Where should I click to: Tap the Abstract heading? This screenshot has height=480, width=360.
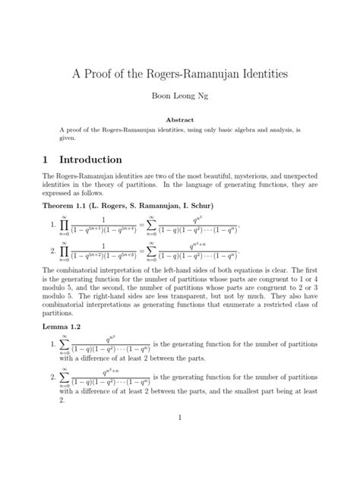pyautogui.click(x=180, y=119)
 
